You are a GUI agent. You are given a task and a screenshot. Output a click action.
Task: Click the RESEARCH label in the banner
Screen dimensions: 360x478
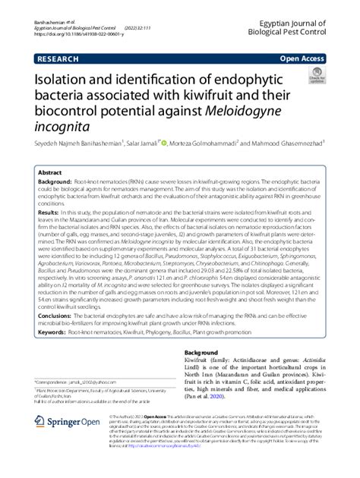(55, 56)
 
